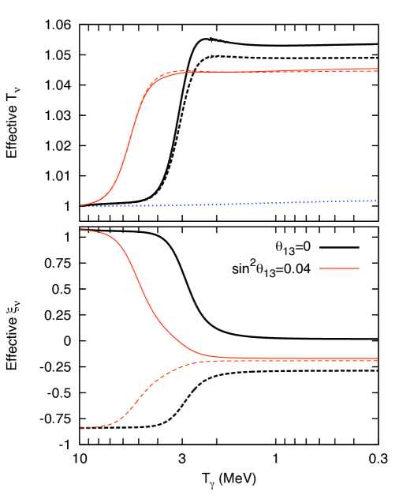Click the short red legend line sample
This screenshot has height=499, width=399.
[x=339, y=268]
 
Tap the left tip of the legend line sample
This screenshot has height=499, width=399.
[x=319, y=268]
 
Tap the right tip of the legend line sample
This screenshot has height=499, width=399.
[x=360, y=268]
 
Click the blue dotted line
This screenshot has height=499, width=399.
[x=237, y=204]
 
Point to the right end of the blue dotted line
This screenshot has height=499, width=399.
[x=377, y=201]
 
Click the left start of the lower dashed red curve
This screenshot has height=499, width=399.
[x=80, y=428]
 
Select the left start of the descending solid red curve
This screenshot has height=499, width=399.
[x=80, y=230]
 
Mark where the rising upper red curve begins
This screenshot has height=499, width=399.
[x=80, y=206]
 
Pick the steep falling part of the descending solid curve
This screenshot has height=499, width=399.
[x=142, y=292]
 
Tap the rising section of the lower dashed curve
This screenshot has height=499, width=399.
[x=142, y=392]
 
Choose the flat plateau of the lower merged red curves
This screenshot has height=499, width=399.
[x=300, y=359]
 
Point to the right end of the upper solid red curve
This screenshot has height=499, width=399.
[x=377, y=69]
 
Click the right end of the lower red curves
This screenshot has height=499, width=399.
[x=377, y=359]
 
